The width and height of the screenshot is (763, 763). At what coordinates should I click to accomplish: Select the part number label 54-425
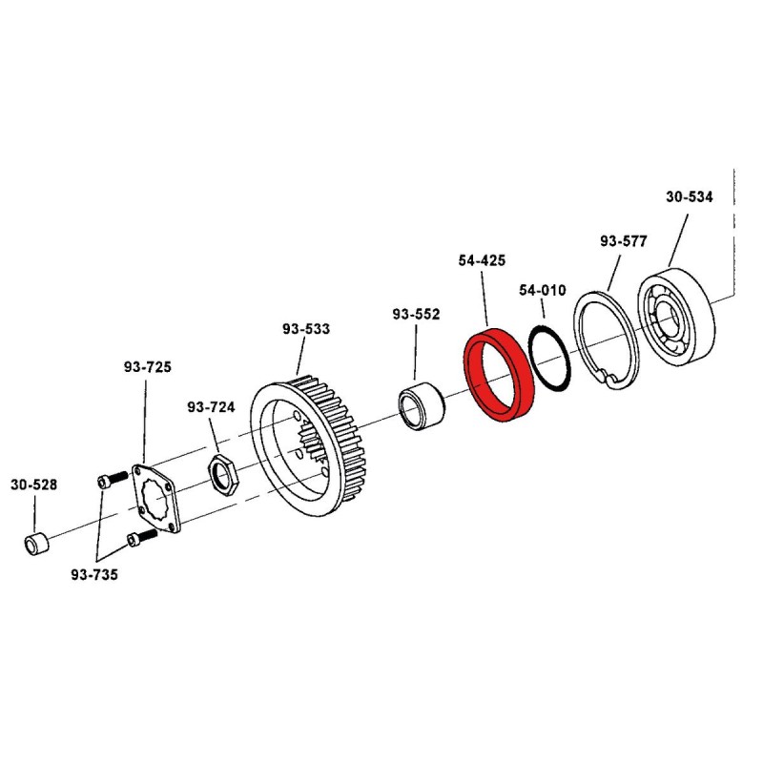point(482,259)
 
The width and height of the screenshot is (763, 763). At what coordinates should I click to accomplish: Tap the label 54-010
point(543,289)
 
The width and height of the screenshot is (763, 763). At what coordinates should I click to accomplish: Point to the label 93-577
point(623,241)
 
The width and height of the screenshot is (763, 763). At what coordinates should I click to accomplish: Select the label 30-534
point(688,197)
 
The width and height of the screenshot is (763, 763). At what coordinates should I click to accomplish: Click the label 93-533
point(306,329)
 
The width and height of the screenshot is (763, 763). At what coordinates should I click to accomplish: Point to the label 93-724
point(211,407)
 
